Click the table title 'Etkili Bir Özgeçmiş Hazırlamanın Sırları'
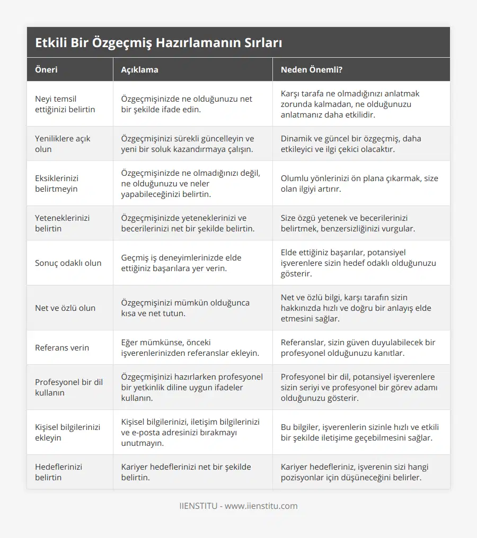click(x=158, y=43)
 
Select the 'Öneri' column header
click(x=47, y=69)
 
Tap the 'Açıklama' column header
click(x=139, y=69)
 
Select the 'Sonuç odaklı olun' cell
click(x=68, y=263)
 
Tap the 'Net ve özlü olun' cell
click(x=65, y=308)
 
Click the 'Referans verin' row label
click(x=62, y=347)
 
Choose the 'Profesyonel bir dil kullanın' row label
click(x=69, y=387)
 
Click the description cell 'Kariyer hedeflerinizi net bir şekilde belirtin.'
click(x=186, y=472)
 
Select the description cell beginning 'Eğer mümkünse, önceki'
click(x=190, y=347)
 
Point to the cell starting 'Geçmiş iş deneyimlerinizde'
click(x=181, y=263)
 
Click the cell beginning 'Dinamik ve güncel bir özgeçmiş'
click(x=351, y=144)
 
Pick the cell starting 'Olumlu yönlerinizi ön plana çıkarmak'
click(x=359, y=183)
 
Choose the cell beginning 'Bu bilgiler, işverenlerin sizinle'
click(x=360, y=432)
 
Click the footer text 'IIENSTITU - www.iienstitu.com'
click(x=238, y=506)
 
